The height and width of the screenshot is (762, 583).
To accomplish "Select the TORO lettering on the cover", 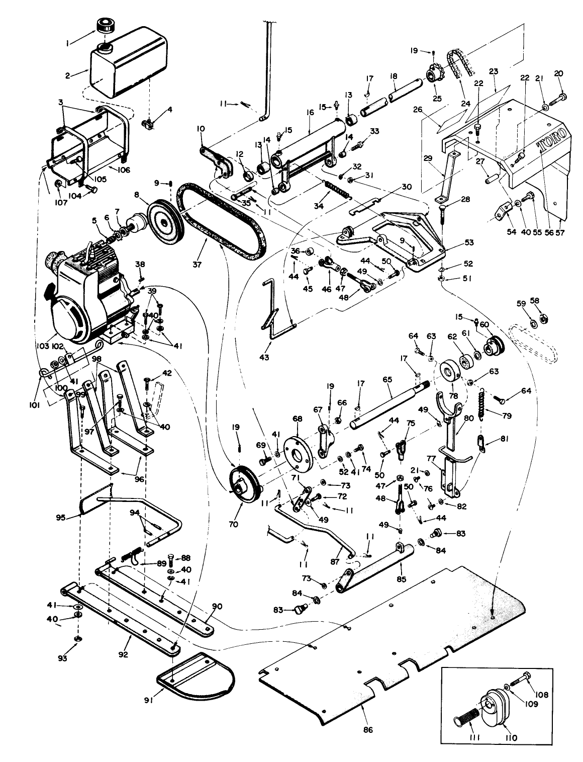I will (553, 139).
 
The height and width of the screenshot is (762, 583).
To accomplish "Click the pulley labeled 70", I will (243, 484).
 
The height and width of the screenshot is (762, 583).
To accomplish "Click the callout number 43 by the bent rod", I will (264, 358).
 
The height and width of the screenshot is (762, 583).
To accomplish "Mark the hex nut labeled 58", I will (543, 318).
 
